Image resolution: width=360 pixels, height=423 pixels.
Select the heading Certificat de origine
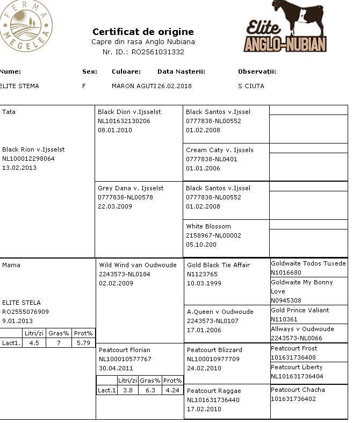click(x=143, y=32)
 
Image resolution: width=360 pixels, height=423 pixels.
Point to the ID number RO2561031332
click(x=159, y=52)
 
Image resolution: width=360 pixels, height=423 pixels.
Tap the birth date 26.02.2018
click(x=174, y=86)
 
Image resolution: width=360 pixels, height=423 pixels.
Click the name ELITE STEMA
click(x=20, y=86)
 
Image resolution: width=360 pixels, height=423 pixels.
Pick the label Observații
click(x=257, y=71)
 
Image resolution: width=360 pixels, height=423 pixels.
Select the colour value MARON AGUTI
click(x=133, y=86)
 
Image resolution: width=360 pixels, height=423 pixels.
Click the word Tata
click(x=9, y=112)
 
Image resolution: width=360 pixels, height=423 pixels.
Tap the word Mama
click(x=11, y=265)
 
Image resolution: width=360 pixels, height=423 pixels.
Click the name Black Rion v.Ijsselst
click(x=33, y=149)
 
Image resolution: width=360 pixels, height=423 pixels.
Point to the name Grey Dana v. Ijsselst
click(x=131, y=188)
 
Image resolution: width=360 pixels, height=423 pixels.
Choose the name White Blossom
click(x=208, y=226)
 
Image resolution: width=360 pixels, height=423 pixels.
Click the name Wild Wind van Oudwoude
click(x=138, y=265)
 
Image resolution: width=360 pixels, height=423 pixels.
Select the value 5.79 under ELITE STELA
click(x=84, y=342)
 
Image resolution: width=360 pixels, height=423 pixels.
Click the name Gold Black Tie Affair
click(x=219, y=265)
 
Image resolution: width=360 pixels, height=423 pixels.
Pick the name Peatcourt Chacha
click(x=298, y=390)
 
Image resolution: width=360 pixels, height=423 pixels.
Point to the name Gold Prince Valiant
click(x=300, y=310)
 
